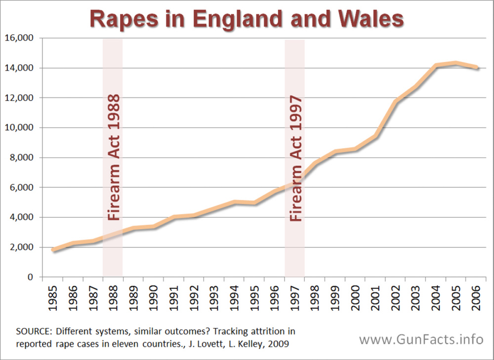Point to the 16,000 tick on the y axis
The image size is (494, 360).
(x=20, y=38)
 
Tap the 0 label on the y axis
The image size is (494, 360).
(x=30, y=277)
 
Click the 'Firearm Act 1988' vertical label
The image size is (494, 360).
(x=113, y=157)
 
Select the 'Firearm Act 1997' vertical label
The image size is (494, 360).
(x=295, y=158)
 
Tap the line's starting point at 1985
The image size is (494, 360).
(x=53, y=250)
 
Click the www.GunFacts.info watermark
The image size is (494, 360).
(x=421, y=340)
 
